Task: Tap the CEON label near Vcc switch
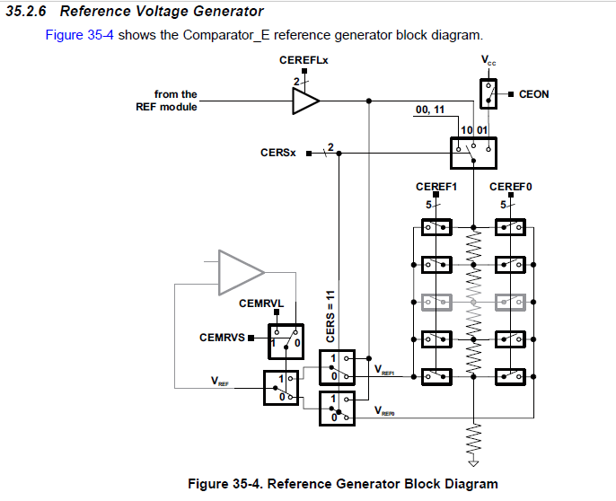click(x=534, y=93)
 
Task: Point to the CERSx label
click(x=278, y=153)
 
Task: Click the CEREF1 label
click(x=437, y=187)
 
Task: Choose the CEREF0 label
click(x=511, y=187)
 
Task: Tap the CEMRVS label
click(x=221, y=338)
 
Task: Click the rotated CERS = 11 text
click(x=330, y=316)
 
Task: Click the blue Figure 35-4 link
click(x=79, y=35)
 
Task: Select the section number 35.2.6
click(x=29, y=12)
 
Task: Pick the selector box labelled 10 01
click(x=473, y=148)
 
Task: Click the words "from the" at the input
click(x=176, y=93)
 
